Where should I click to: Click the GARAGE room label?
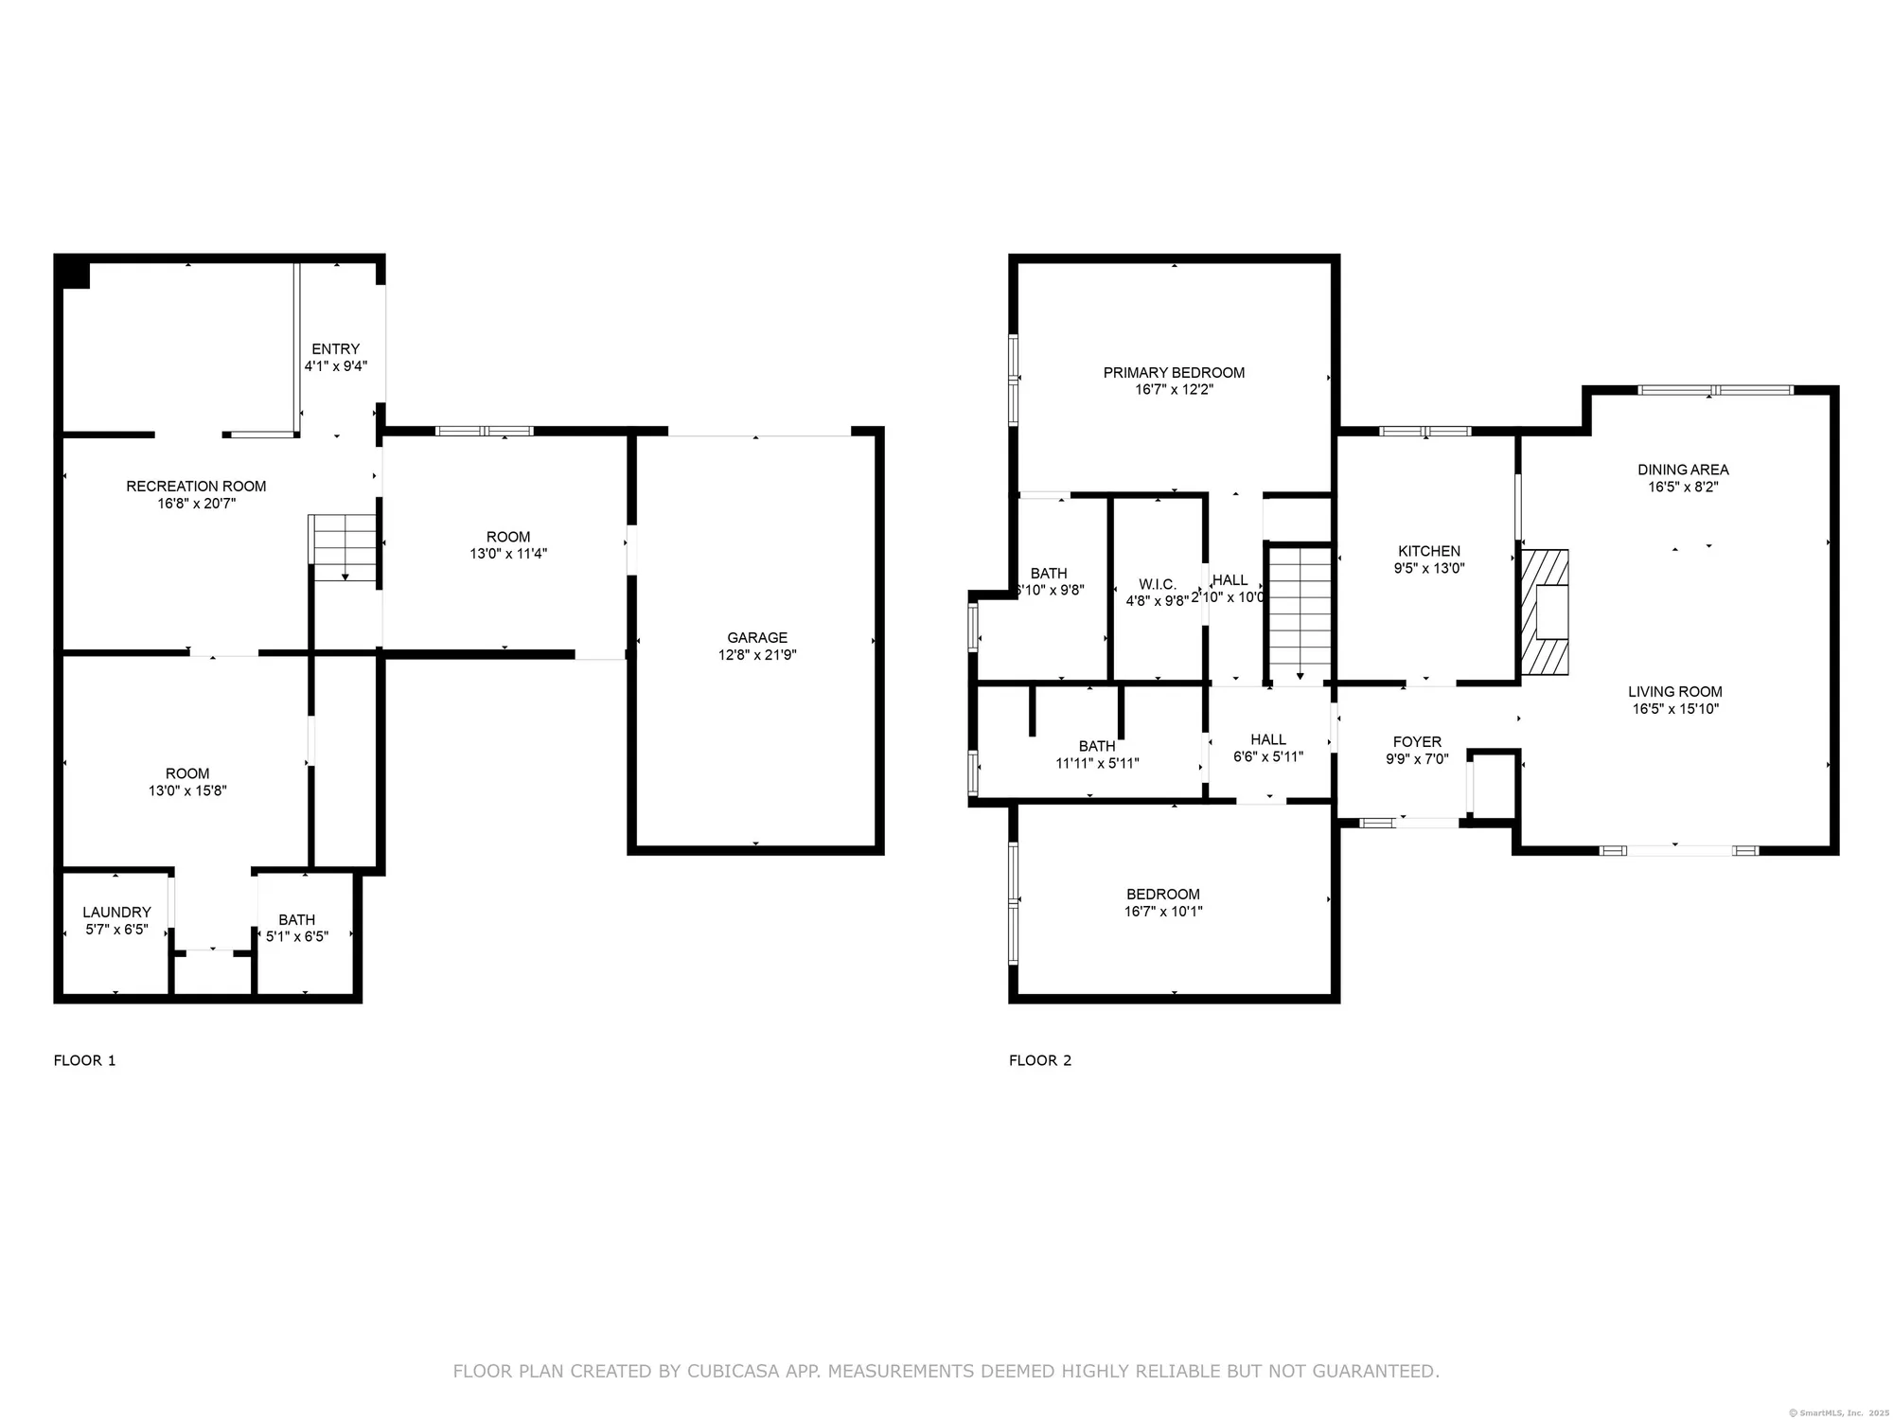click(757, 637)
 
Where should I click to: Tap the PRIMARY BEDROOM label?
click(1174, 372)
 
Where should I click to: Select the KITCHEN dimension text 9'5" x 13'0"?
click(1429, 569)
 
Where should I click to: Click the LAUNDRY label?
click(116, 912)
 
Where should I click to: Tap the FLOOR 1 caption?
click(84, 1060)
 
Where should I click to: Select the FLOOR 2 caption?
click(1040, 1060)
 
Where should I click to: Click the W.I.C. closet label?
click(1157, 584)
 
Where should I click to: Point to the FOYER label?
click(1417, 741)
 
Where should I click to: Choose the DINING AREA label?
click(1683, 469)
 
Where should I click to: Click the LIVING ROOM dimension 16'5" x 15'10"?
click(1675, 708)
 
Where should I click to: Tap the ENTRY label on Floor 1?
click(336, 348)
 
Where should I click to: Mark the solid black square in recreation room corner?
click(74, 274)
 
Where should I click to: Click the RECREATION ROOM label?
click(196, 486)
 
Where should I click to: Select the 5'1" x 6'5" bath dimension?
click(297, 936)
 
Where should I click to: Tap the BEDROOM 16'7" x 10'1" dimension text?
click(1163, 911)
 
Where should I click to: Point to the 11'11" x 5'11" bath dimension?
click(1097, 763)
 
